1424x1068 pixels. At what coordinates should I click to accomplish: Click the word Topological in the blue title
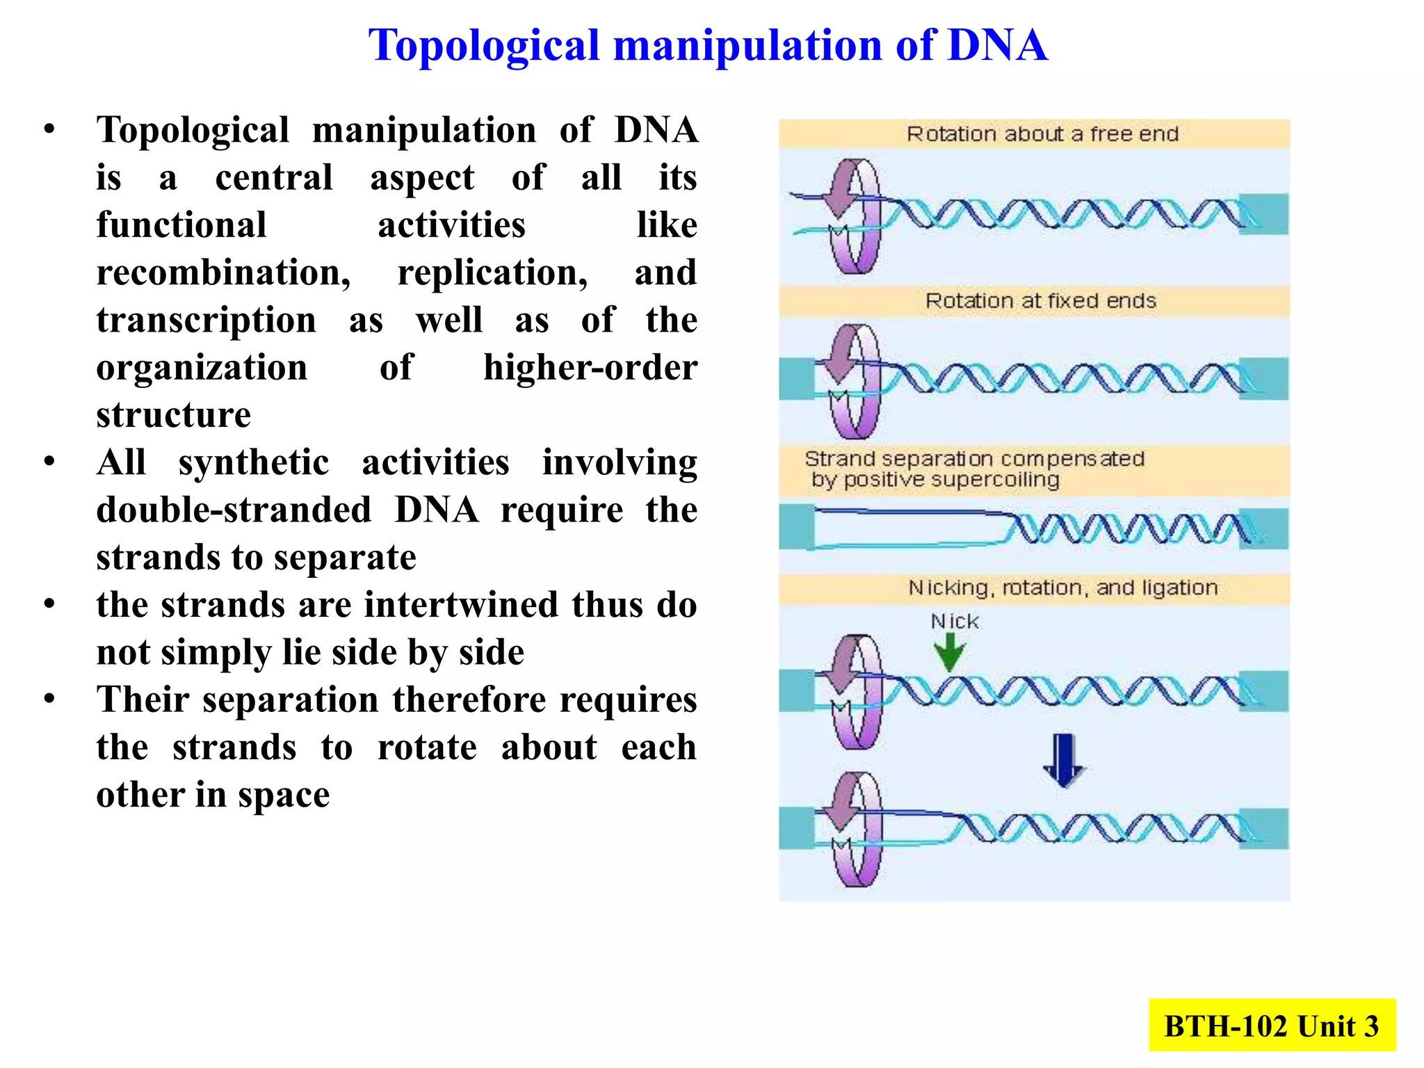[x=483, y=46]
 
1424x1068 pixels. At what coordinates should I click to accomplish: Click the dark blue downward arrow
[x=1064, y=760]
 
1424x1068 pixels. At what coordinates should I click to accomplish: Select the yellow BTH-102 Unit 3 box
[x=1272, y=1026]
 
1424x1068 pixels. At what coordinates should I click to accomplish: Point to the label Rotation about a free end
[x=1042, y=133]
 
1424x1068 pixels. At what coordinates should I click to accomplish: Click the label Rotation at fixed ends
[x=1040, y=300]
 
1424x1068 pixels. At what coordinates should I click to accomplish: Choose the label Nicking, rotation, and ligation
[x=1062, y=588]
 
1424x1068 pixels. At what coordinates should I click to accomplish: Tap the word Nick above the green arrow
[x=954, y=621]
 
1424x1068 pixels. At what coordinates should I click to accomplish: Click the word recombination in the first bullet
[x=223, y=273]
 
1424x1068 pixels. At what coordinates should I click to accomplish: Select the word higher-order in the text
[x=590, y=368]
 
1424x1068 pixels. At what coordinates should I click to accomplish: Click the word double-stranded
[x=234, y=510]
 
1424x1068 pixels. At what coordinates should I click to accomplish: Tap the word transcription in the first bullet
[x=206, y=321]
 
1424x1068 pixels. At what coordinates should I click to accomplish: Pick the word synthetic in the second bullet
[x=254, y=462]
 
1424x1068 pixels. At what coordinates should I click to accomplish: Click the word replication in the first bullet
[x=492, y=273]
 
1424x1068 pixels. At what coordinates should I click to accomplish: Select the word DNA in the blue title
[x=997, y=46]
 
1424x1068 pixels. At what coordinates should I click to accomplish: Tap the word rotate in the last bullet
[x=427, y=747]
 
